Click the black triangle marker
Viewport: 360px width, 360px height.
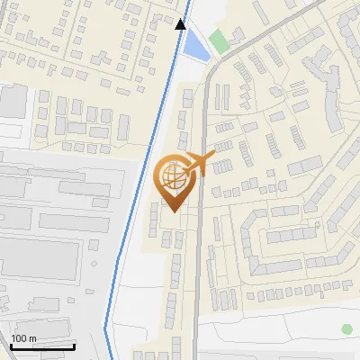(181, 24)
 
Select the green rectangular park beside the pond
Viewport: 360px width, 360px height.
(219, 40)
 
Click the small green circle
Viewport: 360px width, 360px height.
(346, 329)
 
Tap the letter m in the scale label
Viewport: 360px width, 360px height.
(31, 339)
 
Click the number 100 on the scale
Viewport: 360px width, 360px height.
(19, 339)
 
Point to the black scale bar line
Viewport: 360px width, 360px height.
(42, 346)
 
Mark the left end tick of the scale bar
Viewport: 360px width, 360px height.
(11, 345)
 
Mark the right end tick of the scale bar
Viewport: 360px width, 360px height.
(74, 345)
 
